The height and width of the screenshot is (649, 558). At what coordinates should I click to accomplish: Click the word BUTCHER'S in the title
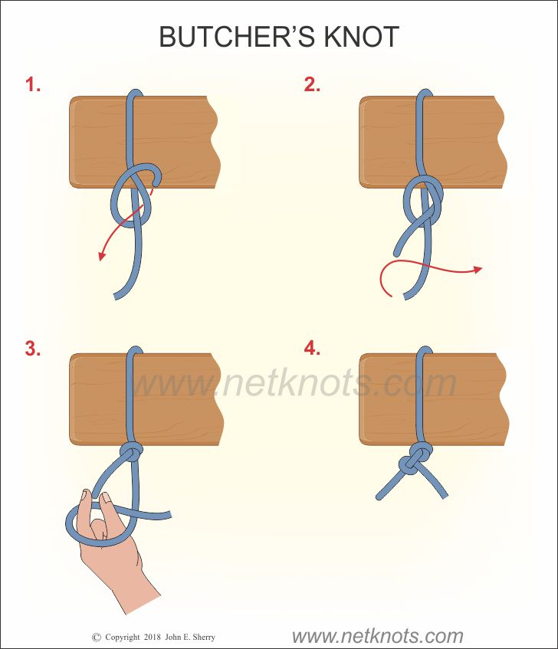click(x=237, y=37)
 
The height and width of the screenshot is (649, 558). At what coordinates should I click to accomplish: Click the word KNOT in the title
click(x=361, y=37)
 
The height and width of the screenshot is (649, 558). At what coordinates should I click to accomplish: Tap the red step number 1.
click(x=32, y=84)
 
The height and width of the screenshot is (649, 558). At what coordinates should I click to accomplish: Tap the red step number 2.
click(x=312, y=84)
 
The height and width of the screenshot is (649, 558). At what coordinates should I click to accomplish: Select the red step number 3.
click(x=33, y=348)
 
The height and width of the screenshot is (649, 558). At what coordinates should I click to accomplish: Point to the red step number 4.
click(x=312, y=348)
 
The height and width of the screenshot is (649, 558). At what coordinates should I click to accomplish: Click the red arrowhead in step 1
click(x=101, y=256)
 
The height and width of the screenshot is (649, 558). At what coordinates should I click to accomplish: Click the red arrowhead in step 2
click(x=478, y=270)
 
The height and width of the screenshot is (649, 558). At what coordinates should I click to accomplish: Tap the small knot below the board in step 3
click(x=132, y=453)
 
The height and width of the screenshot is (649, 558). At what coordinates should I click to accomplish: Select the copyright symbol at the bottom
click(x=96, y=637)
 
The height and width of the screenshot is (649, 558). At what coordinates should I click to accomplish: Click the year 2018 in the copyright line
click(x=152, y=637)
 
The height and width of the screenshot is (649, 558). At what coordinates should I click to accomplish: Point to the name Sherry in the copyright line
click(x=204, y=638)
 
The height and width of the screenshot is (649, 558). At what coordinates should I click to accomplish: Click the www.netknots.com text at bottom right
click(x=377, y=636)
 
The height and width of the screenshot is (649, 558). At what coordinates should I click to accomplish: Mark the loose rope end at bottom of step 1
click(x=117, y=297)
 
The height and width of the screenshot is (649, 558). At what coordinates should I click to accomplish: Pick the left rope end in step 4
click(x=379, y=497)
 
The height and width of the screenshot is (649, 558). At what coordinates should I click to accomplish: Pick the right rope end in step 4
click(x=445, y=496)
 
